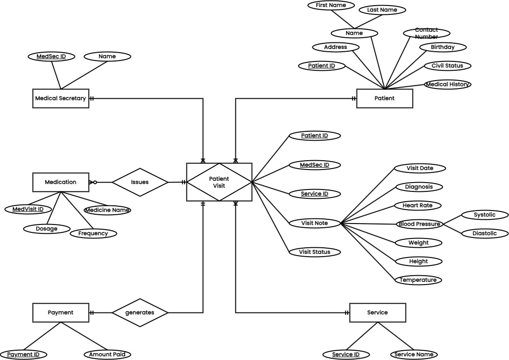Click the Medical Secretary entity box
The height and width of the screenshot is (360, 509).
[61, 98]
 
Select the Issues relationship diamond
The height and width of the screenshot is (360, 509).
[140, 182]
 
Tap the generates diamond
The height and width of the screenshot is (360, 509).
[140, 312]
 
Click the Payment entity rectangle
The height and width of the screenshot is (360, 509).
[61, 312]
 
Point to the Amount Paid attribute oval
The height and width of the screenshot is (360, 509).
[107, 354]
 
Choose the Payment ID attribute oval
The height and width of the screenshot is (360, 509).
[23, 354]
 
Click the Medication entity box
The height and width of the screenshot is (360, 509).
[61, 182]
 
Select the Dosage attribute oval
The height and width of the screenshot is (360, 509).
[47, 229]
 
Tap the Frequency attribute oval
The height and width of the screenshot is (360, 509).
[93, 233]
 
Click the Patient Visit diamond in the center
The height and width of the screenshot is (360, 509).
[219, 182]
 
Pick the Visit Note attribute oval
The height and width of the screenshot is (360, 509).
[315, 224]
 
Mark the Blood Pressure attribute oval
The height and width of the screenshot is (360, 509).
[419, 224]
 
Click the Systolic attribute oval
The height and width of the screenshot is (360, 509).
[484, 215]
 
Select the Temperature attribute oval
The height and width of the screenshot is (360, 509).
[419, 280]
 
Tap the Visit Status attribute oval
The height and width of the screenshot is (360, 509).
[315, 252]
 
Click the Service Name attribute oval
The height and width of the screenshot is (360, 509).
[414, 354]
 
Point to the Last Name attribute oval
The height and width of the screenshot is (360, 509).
[382, 9]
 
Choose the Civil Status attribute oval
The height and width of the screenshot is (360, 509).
[447, 66]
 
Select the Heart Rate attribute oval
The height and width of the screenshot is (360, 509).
[419, 205]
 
